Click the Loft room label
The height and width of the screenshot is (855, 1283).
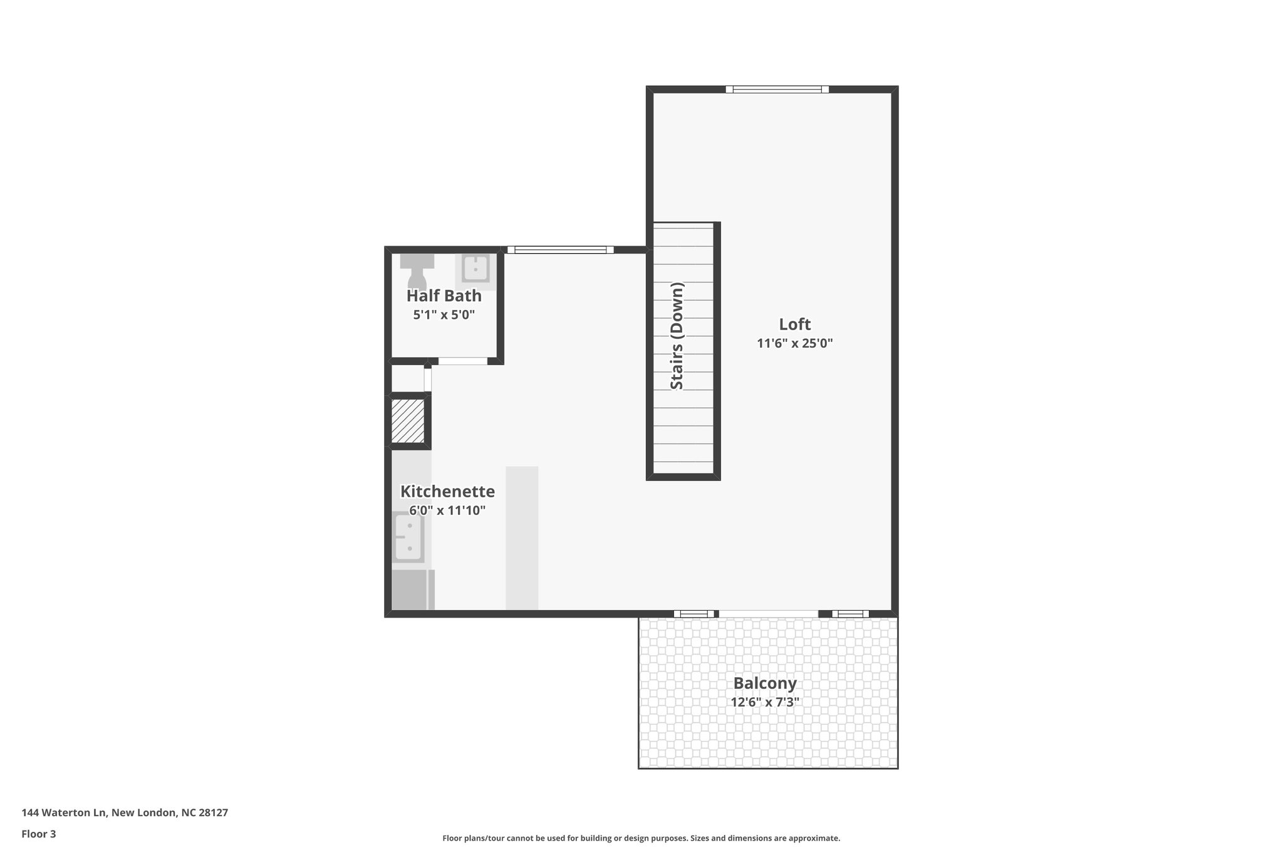pos(794,324)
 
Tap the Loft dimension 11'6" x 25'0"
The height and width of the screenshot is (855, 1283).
pos(794,343)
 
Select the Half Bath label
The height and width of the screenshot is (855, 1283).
pos(444,296)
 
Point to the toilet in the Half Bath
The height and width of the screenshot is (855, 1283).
pos(417,271)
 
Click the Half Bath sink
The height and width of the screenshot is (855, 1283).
pos(475,269)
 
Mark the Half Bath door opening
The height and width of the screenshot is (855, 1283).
pos(462,361)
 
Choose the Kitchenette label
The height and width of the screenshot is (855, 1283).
pos(447,491)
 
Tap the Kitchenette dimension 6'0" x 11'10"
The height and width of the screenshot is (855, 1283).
pos(447,510)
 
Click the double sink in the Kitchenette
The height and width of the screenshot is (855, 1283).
pos(408,537)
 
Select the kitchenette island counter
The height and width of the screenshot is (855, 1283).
pos(522,537)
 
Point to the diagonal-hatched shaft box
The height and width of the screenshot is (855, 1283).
pos(408,420)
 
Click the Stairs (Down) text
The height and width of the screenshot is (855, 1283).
pos(677,336)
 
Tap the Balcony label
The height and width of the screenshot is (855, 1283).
pos(764,683)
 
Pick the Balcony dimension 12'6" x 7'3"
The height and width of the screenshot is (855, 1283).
pos(764,702)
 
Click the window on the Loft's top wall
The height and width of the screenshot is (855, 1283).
pos(777,90)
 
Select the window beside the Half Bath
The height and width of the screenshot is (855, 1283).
pos(560,250)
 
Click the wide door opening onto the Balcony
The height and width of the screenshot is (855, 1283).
pos(768,613)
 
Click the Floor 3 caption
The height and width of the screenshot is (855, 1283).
pos(39,834)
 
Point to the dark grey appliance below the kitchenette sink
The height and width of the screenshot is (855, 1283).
pos(409,589)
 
